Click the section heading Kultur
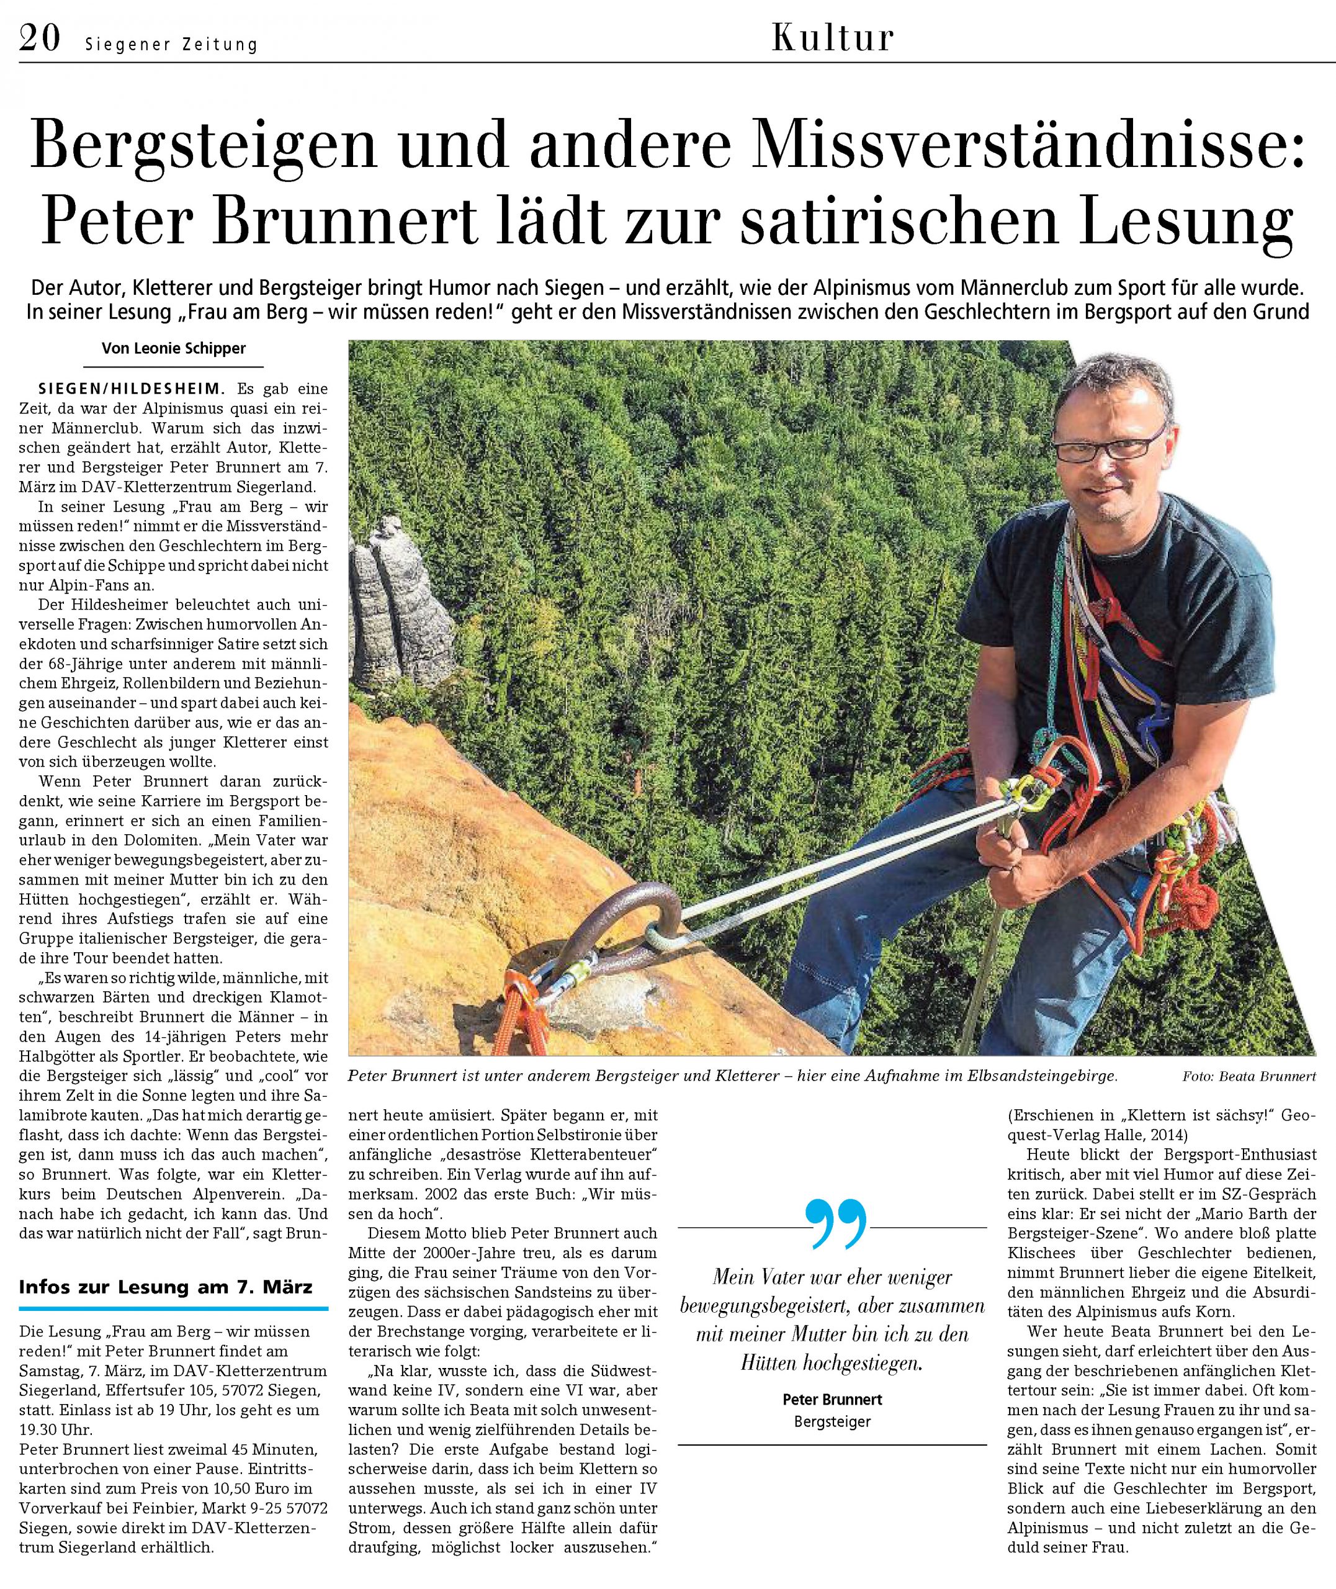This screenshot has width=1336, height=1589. click(832, 38)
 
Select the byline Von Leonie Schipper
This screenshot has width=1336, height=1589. click(173, 348)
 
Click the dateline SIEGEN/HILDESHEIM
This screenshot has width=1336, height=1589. click(131, 389)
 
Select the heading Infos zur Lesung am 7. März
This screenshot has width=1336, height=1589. click(165, 1287)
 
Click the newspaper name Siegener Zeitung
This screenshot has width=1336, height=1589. click(171, 45)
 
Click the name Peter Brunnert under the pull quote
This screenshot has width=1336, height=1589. click(832, 1400)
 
